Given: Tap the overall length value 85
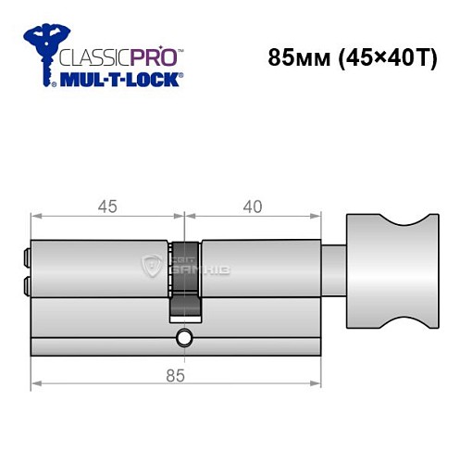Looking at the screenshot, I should point(185,375).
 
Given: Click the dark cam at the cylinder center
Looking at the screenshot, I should point(185,278).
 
